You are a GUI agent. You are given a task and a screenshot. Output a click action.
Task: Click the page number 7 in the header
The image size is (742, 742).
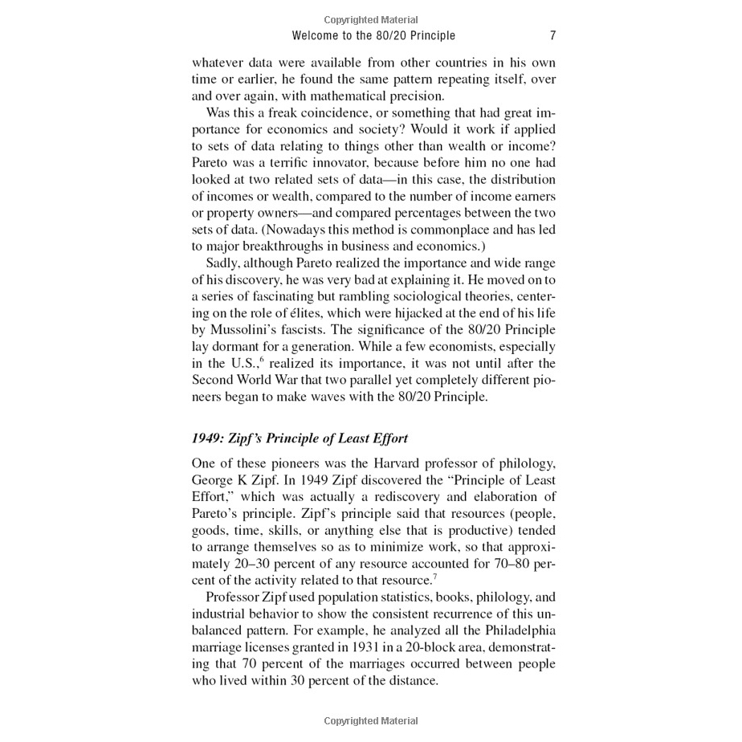[x=552, y=35]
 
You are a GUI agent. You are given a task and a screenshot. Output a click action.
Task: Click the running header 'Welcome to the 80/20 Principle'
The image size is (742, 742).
[x=373, y=35]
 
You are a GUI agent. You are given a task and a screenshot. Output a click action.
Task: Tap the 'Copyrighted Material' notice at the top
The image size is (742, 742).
[x=371, y=19]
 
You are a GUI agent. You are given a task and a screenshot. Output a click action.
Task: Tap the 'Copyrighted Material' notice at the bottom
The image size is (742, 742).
[x=371, y=721]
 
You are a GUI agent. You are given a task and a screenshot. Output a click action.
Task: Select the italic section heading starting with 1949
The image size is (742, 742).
[x=300, y=438]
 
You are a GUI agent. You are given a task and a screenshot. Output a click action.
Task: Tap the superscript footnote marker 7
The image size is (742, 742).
[x=434, y=576]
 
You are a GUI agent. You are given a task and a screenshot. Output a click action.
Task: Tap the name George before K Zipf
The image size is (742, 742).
[x=213, y=480]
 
